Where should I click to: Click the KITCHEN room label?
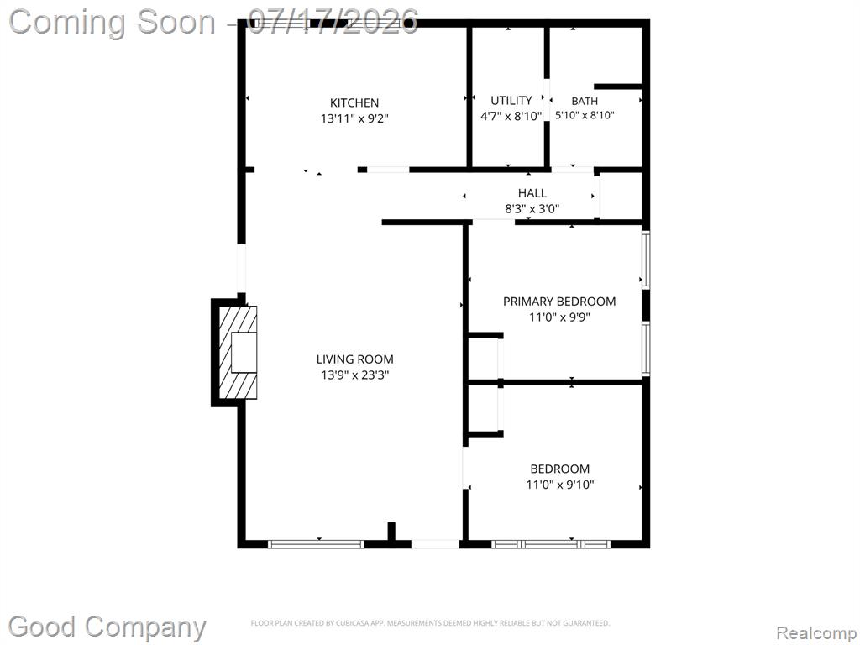[x=354, y=102]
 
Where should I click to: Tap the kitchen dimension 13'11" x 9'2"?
[x=354, y=118]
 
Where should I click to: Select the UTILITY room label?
[x=511, y=101]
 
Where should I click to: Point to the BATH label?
[x=585, y=101]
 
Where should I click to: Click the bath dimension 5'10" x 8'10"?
[x=585, y=115]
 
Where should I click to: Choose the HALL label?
[x=532, y=193]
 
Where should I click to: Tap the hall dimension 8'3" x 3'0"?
[x=532, y=208]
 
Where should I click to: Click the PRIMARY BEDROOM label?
[x=559, y=302]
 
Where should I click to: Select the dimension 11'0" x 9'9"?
[x=559, y=317]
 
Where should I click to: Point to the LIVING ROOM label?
[x=355, y=359]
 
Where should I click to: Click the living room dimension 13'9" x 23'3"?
[x=355, y=375]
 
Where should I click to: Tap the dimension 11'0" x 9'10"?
[x=560, y=485]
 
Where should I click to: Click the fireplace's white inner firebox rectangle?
[x=244, y=353]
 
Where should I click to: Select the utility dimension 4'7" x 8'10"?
[x=511, y=116]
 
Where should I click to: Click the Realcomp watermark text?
[x=816, y=633]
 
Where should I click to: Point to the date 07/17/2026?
[x=333, y=22]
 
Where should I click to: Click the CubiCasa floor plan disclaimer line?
[x=430, y=623]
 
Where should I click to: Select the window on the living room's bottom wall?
[x=316, y=544]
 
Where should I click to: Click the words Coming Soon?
[x=113, y=22]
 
